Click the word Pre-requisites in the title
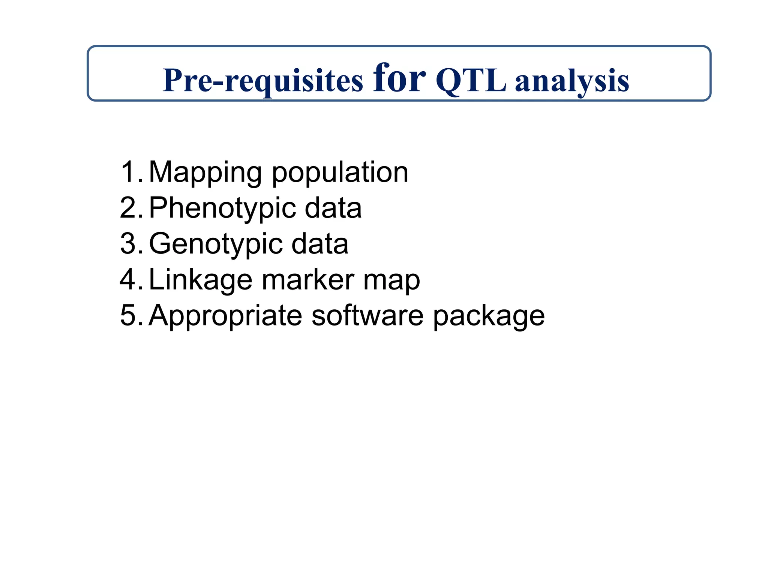click(x=262, y=81)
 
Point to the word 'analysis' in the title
click(x=572, y=81)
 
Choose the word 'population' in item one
click(x=340, y=172)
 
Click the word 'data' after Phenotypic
click(x=333, y=208)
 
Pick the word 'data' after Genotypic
click(x=319, y=244)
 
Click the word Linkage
click(x=201, y=280)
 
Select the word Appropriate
click(x=225, y=316)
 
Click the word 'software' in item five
click(x=367, y=316)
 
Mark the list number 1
click(x=130, y=172)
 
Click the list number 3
click(x=130, y=244)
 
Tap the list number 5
click(x=130, y=316)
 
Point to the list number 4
click(x=130, y=280)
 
